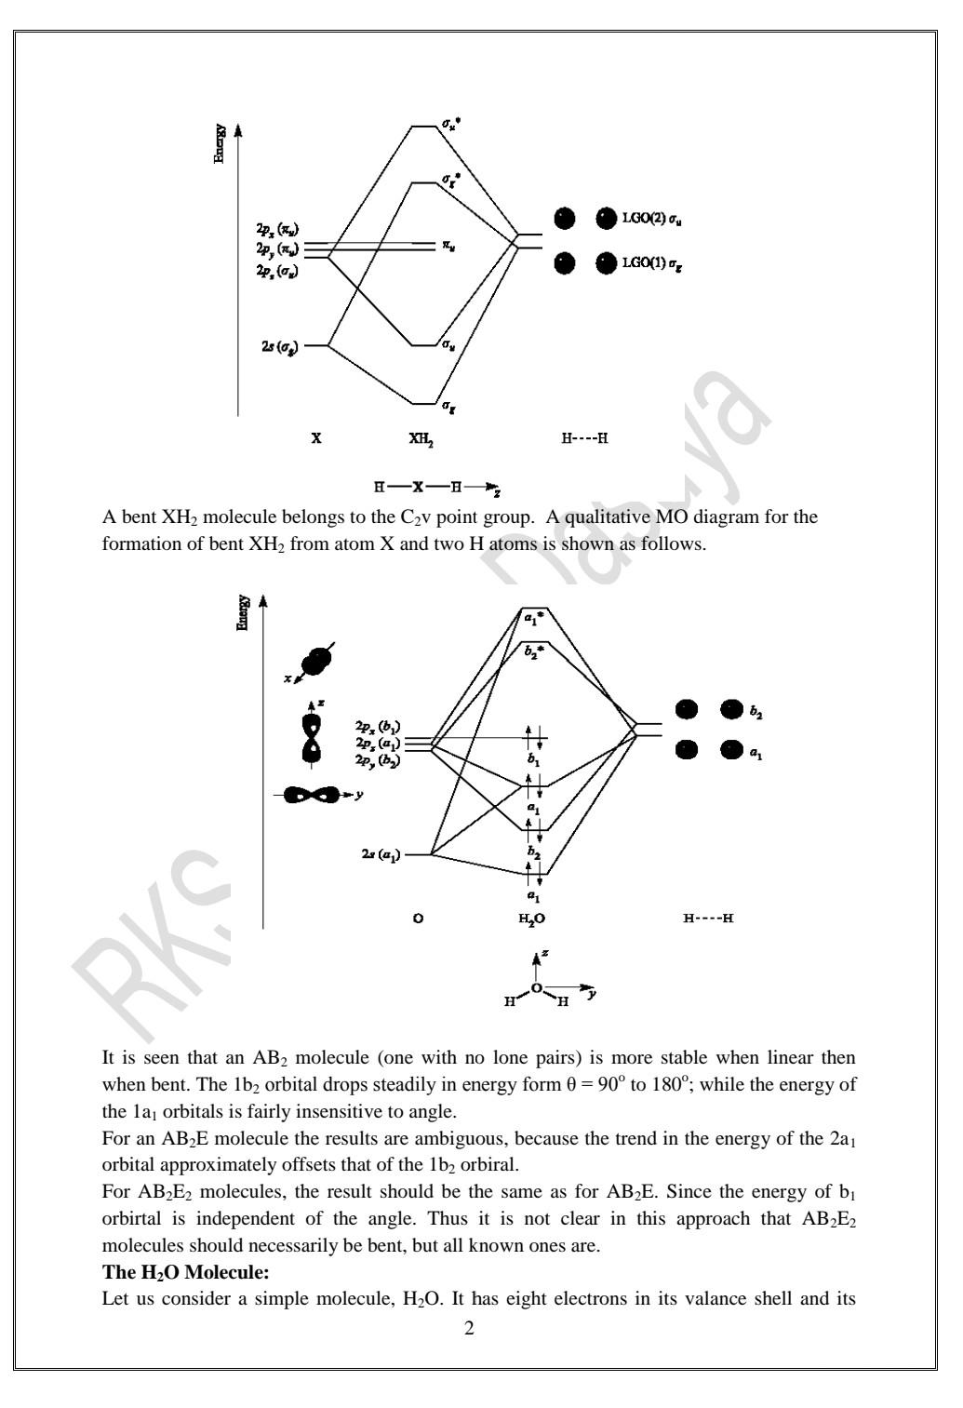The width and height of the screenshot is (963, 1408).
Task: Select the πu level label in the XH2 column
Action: pos(448,247)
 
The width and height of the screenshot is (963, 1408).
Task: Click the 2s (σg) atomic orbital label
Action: pos(279,346)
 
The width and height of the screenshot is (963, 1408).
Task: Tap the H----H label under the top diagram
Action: pos(584,437)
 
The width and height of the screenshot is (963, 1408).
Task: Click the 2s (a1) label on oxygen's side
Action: pos(381,854)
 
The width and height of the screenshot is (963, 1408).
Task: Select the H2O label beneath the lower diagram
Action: pos(531,919)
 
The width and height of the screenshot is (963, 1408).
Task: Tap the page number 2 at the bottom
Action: pos(469,1329)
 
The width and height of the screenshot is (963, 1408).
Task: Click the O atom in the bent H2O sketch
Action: pos(536,988)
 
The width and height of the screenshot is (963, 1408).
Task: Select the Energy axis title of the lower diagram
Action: pos(244,612)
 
